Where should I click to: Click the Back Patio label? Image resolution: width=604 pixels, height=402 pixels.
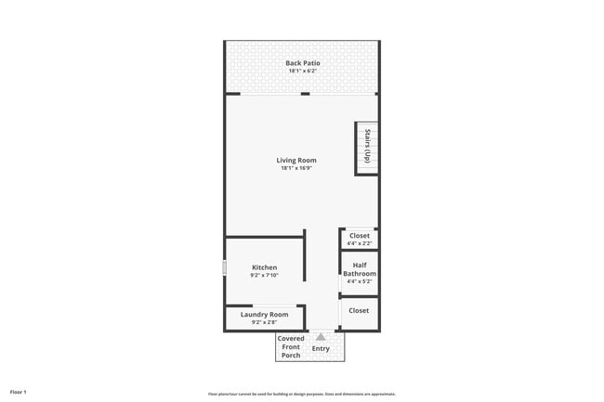[303, 63]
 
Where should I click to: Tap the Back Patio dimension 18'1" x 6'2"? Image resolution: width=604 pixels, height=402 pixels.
[303, 71]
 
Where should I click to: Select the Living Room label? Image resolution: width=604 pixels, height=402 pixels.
[296, 161]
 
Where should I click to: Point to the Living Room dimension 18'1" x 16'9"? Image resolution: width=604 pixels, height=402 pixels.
[296, 168]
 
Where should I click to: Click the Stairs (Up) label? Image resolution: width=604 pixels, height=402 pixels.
[367, 147]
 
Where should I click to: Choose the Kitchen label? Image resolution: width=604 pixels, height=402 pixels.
[264, 267]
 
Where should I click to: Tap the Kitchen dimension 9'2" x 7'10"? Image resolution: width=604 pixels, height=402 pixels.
[264, 276]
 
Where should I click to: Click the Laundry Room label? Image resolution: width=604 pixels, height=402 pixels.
[264, 315]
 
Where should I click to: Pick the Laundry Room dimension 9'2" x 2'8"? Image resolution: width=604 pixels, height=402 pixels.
[264, 322]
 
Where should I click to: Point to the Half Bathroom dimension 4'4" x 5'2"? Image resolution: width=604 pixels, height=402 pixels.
[360, 281]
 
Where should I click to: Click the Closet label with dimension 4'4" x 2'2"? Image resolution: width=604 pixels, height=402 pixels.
[360, 236]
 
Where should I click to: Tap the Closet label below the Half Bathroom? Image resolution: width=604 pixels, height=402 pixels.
[360, 310]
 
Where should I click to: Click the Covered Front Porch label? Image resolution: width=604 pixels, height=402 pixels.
[291, 347]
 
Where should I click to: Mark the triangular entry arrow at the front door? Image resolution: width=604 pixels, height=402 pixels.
[321, 337]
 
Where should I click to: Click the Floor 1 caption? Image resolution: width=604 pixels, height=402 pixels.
[19, 393]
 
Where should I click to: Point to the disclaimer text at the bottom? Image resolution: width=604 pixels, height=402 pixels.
[302, 394]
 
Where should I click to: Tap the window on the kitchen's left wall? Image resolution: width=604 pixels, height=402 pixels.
[224, 267]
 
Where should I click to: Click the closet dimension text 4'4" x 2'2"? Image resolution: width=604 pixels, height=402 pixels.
[360, 243]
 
